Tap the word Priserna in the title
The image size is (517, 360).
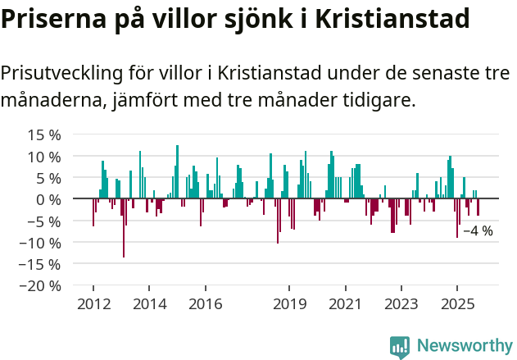click(51, 18)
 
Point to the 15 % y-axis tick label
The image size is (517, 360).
click(44, 134)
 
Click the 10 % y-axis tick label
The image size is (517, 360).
click(44, 156)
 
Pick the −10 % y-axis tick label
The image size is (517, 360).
click(41, 243)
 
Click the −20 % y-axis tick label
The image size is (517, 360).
click(41, 286)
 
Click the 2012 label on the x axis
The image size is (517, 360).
click(93, 304)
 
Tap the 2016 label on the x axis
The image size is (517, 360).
click(205, 304)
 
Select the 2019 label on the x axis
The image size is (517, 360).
click(288, 304)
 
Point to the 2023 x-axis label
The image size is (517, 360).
click(401, 304)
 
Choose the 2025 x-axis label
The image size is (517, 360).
click(456, 304)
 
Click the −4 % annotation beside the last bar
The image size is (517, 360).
click(478, 231)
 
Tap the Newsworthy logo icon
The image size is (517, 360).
click(400, 346)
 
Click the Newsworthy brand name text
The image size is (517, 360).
click(464, 346)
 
